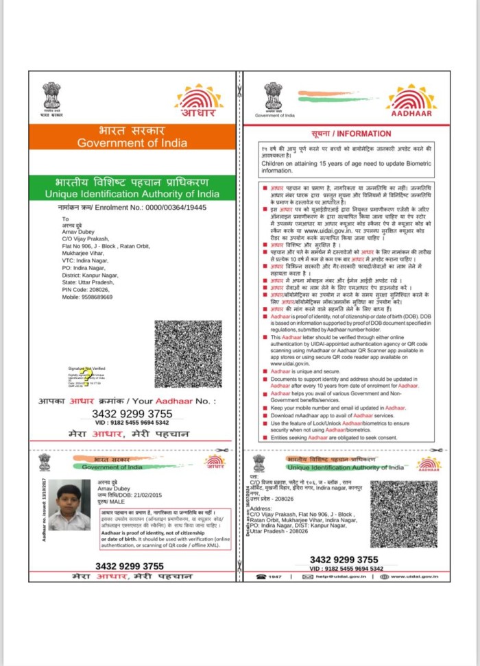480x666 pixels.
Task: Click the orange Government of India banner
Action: tap(132, 136)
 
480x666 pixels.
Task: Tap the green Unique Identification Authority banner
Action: tap(132, 188)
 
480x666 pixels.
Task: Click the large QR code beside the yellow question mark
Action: tap(188, 354)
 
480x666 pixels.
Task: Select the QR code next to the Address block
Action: tap(403, 513)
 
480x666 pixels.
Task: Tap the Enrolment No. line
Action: tap(132, 207)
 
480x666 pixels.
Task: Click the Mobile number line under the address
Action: tap(87, 297)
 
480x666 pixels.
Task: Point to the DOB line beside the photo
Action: tap(121, 494)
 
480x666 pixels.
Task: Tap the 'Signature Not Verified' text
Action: tap(86, 369)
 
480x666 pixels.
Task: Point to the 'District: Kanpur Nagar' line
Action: tap(90, 275)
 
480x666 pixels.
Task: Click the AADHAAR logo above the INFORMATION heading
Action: tap(411, 101)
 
